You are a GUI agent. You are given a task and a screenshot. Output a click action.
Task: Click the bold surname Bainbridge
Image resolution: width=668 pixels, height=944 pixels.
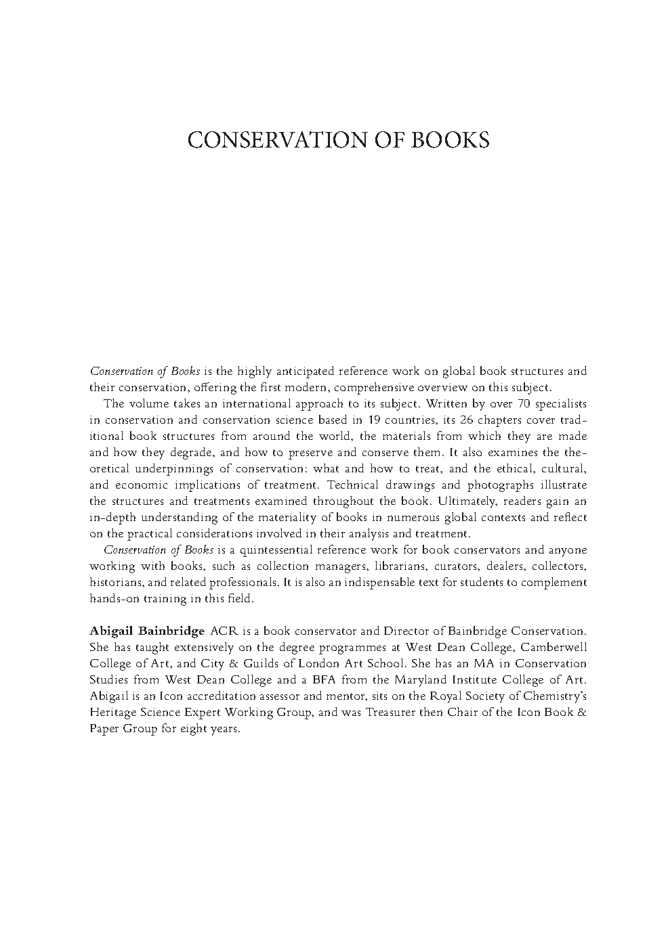click(x=171, y=631)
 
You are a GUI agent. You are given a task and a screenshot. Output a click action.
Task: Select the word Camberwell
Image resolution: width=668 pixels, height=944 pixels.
click(x=554, y=648)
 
